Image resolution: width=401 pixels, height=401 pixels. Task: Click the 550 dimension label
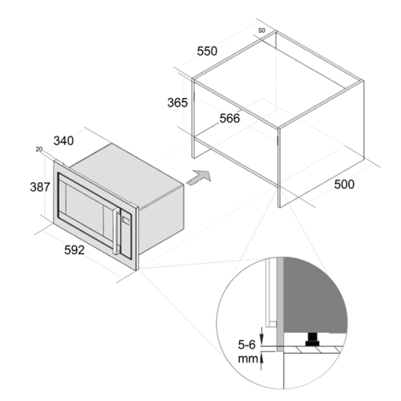[207, 51]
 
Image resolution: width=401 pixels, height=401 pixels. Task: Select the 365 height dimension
[177, 103]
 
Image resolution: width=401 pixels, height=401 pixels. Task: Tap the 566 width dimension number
[229, 119]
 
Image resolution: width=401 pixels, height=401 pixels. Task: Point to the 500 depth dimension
[344, 184]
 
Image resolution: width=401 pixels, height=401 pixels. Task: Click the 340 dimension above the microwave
[63, 141]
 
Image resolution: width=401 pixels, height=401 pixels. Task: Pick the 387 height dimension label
[40, 187]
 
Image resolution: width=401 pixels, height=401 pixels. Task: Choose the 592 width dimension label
[75, 250]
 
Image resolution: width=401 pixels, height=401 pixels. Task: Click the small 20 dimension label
[39, 149]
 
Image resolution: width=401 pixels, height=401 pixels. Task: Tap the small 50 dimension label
[261, 30]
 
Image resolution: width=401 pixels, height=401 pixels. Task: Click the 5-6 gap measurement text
[247, 345]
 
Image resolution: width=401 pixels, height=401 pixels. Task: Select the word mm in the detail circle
[248, 358]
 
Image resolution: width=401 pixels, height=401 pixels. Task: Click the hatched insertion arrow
[199, 177]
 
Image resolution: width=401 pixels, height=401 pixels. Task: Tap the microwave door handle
[116, 231]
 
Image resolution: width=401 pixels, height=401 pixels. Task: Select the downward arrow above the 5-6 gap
[261, 337]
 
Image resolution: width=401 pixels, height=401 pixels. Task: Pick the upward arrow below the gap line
[261, 361]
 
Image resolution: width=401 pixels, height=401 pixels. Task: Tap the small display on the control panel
[126, 221]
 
